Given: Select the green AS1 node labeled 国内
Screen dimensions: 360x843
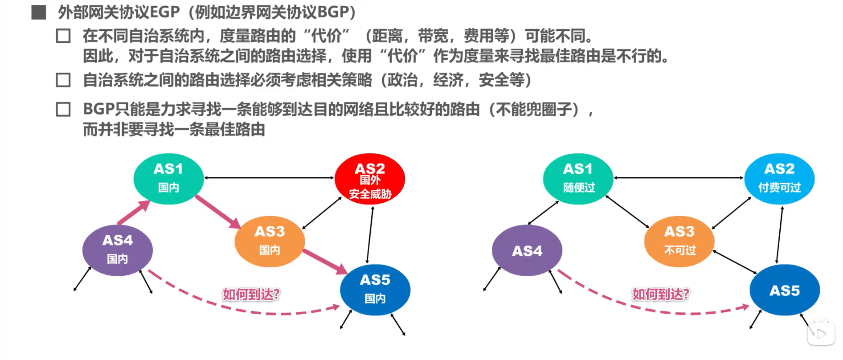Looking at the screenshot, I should (168, 179).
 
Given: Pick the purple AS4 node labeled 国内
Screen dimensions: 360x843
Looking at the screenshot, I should (118, 250).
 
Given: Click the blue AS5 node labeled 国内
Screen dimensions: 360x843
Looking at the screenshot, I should (375, 290).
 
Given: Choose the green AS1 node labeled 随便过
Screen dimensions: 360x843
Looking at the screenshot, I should (578, 179).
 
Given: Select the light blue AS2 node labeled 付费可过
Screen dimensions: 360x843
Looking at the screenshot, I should (779, 179).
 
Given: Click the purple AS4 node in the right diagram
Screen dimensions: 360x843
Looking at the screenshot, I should (527, 250).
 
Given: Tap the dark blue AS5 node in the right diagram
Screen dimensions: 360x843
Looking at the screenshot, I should (785, 290).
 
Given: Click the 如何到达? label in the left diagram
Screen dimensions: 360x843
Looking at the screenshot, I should (251, 294).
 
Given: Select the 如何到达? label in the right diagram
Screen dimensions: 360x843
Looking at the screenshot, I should (660, 294).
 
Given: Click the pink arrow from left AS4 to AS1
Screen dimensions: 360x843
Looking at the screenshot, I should (134, 213).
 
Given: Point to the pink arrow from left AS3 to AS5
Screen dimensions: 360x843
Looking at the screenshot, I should (325, 261).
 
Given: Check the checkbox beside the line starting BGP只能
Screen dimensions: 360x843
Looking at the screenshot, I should (63, 109).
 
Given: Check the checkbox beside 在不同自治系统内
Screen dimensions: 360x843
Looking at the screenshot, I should (63, 36).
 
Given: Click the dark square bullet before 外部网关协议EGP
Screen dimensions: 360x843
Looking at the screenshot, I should (39, 12).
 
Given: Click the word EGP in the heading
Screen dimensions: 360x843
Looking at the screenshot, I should (164, 12).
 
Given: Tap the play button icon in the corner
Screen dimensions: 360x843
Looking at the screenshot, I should (821, 334).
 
